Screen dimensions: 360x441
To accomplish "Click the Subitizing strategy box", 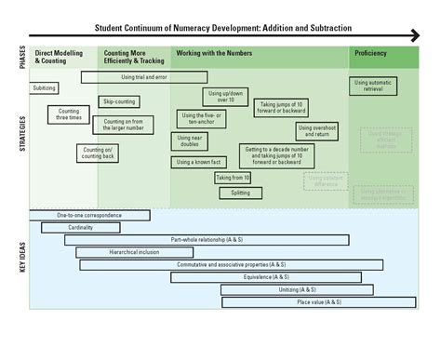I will (x=44, y=88).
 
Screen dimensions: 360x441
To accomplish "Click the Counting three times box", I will (x=69, y=115).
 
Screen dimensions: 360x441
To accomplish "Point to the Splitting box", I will (x=240, y=193).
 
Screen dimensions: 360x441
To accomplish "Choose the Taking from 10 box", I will (x=233, y=178).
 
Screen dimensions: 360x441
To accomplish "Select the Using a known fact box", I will (x=197, y=162).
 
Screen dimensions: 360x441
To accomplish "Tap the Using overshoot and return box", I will (x=318, y=131).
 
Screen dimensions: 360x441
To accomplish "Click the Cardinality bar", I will (x=79, y=227).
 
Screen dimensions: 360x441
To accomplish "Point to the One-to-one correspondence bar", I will (x=89, y=215).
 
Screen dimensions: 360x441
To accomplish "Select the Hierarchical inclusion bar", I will (x=134, y=252).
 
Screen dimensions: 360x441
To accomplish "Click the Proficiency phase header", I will (x=370, y=54).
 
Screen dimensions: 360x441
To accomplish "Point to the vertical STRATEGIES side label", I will (x=20, y=135).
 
